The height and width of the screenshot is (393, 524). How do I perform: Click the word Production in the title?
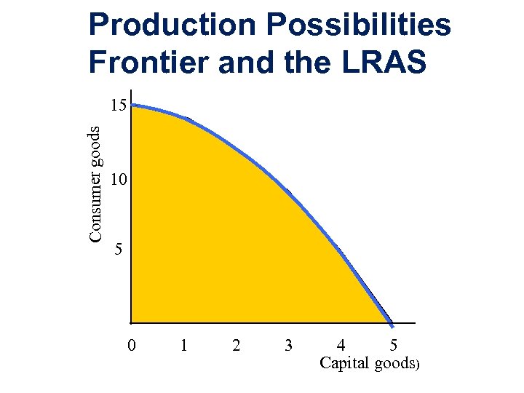pyautogui.click(x=172, y=26)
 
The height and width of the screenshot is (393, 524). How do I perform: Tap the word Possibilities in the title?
pyautogui.click(x=360, y=26)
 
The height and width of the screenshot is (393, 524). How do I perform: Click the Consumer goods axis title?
pyautogui.click(x=95, y=183)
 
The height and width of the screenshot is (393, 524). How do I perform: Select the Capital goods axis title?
pyautogui.click(x=368, y=364)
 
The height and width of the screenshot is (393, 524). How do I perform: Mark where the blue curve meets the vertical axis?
pyautogui.click(x=133, y=106)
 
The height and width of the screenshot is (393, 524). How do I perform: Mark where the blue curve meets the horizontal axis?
pyautogui.click(x=392, y=322)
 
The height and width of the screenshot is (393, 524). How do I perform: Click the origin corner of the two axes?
pyautogui.click(x=131, y=322)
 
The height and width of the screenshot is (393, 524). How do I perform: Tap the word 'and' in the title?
pyautogui.click(x=245, y=62)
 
